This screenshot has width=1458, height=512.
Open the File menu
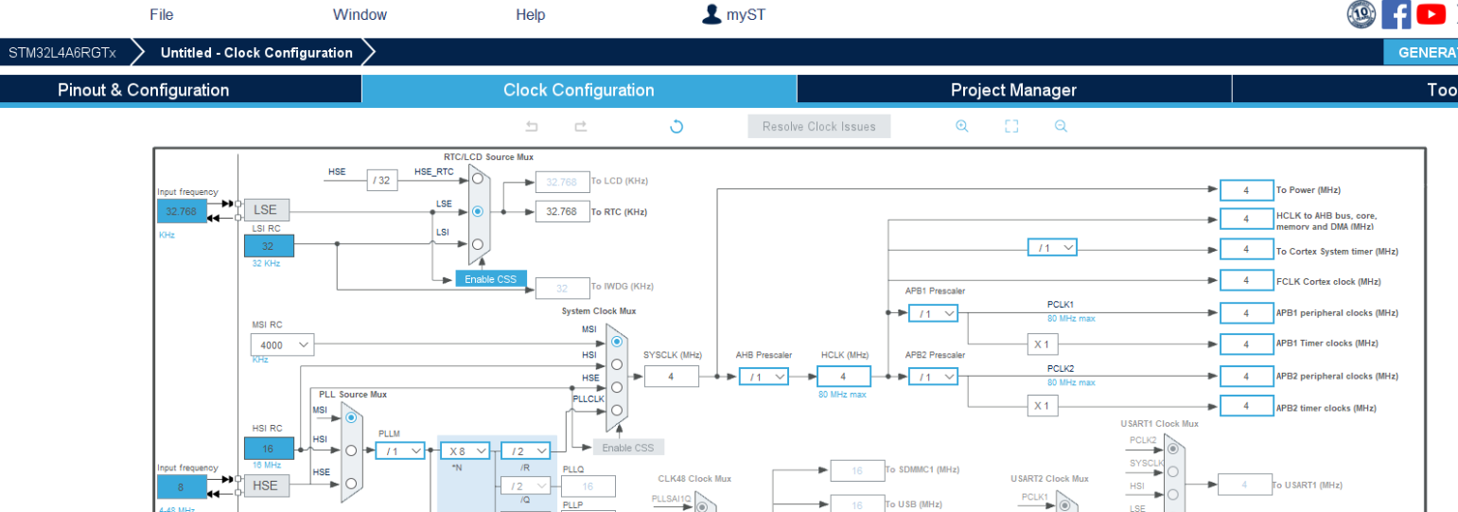pyautogui.click(x=162, y=14)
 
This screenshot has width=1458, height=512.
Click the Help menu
pyautogui.click(x=531, y=14)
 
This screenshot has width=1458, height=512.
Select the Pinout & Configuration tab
pyautogui.click(x=144, y=90)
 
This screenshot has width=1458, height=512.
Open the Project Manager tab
pyautogui.click(x=1013, y=90)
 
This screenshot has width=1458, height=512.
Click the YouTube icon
pyautogui.click(x=1432, y=14)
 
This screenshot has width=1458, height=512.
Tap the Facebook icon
pyautogui.click(x=1396, y=14)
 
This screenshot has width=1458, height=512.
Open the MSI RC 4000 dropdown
pyautogui.click(x=282, y=345)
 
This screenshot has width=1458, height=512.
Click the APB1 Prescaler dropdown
pyautogui.click(x=934, y=313)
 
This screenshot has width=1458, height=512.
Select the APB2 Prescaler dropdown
pyautogui.click(x=934, y=377)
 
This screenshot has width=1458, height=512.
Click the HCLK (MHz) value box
pyautogui.click(x=843, y=377)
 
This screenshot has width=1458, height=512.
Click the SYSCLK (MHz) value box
pyautogui.click(x=672, y=377)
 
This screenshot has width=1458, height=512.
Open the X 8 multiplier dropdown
pyautogui.click(x=465, y=451)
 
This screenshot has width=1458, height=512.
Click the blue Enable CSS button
pyautogui.click(x=490, y=279)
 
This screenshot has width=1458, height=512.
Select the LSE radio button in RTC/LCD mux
pyautogui.click(x=478, y=211)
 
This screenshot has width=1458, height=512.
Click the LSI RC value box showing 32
pyautogui.click(x=269, y=246)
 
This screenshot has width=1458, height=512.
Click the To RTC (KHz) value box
pyautogui.click(x=562, y=211)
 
